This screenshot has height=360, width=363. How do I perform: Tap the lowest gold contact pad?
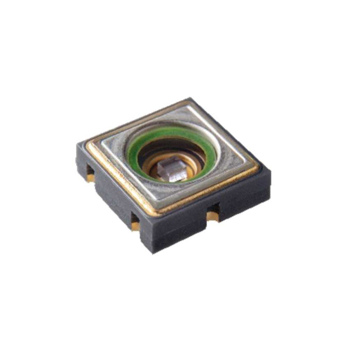tap(135, 225)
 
